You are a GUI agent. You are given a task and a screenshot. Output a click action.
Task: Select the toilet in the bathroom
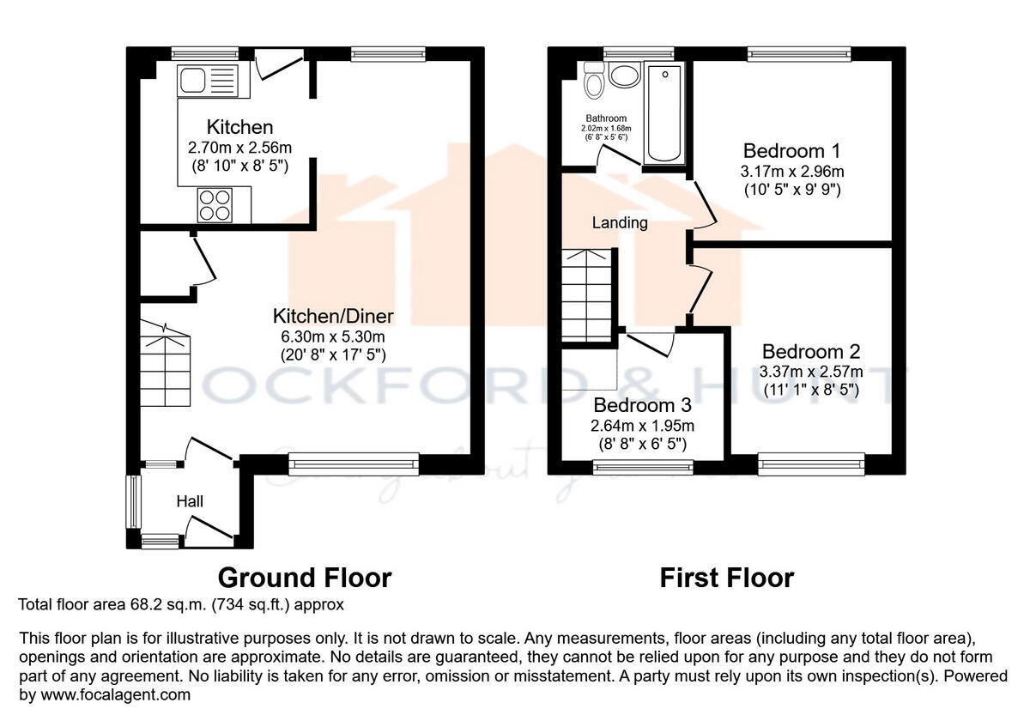point(592,81)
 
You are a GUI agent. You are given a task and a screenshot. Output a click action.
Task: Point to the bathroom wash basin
point(624,75)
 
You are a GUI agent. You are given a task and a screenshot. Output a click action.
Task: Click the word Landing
point(620,223)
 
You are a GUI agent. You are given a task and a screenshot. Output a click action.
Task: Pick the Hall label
point(190,500)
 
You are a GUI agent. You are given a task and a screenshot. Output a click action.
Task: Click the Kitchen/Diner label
point(333,315)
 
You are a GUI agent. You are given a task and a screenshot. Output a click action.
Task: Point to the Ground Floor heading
point(305,578)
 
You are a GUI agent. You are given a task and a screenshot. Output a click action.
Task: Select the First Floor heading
point(726,578)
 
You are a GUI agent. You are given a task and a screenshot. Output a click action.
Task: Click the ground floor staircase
point(165,365)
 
